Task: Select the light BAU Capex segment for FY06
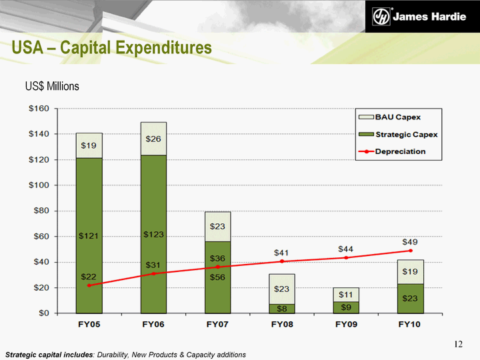(153, 139)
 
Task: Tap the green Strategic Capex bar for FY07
(217, 287)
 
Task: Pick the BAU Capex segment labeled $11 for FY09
(346, 295)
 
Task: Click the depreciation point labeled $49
(410, 251)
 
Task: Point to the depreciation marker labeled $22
(89, 285)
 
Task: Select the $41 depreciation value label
(282, 253)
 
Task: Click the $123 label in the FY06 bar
(153, 234)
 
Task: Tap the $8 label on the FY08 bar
(282, 309)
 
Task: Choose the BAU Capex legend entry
(397, 117)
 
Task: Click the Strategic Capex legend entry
(406, 134)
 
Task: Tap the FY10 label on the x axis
(410, 325)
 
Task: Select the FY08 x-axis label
(282, 325)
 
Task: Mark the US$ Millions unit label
(52, 87)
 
